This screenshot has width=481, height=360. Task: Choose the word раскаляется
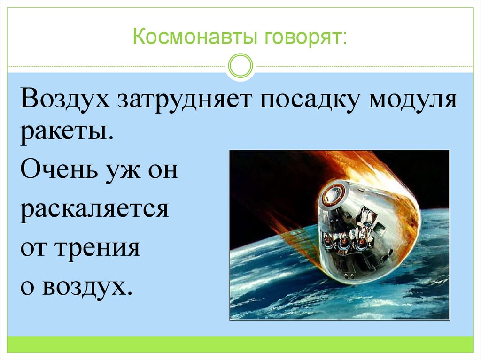(94, 209)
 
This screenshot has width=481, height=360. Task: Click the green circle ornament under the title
(240, 66)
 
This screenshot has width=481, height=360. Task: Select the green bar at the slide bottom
(240, 344)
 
